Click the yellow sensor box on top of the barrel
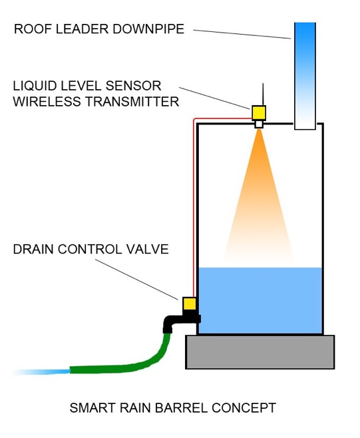(x=259, y=112)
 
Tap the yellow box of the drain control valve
(x=189, y=304)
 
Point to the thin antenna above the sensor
(x=263, y=94)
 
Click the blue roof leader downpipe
(x=305, y=76)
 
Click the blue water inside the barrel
(x=260, y=300)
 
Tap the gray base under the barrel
(x=260, y=352)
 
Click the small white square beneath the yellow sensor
(x=259, y=124)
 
